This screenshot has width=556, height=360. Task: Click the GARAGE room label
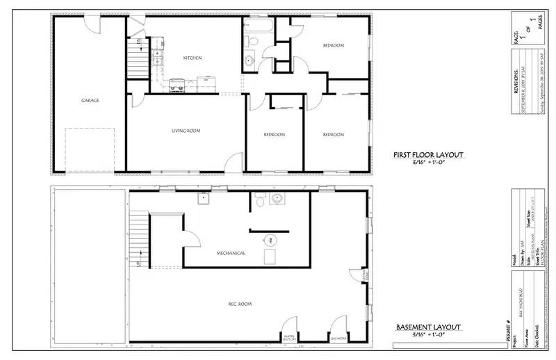[x=90, y=100]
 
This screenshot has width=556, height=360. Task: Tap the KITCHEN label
[x=193, y=58]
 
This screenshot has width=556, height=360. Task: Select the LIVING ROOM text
[x=186, y=131]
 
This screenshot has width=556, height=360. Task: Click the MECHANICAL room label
[x=230, y=253]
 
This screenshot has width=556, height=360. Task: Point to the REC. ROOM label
[x=240, y=304]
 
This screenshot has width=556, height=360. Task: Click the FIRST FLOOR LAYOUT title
[x=427, y=155]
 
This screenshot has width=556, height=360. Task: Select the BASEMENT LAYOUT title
[x=427, y=327]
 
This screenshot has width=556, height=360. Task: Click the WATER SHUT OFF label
[x=290, y=338]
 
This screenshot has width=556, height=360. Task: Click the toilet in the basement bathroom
[x=259, y=201]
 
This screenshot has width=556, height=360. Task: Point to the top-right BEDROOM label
[x=333, y=46]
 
